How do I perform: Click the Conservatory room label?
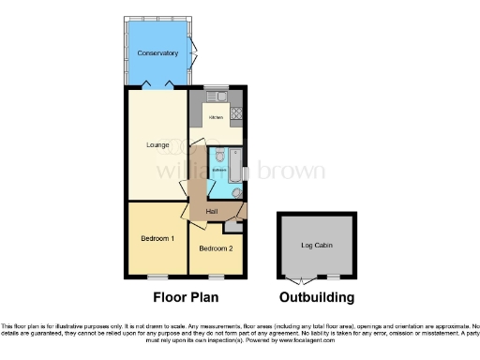click(157, 53)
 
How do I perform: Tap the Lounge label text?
click(157, 144)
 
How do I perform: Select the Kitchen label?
click(216, 117)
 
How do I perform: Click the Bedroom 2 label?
click(217, 248)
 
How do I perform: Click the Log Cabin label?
click(316, 246)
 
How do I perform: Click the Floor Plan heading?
click(185, 298)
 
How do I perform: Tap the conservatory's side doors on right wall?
click(193, 51)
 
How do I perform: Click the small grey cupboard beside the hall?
click(232, 224)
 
